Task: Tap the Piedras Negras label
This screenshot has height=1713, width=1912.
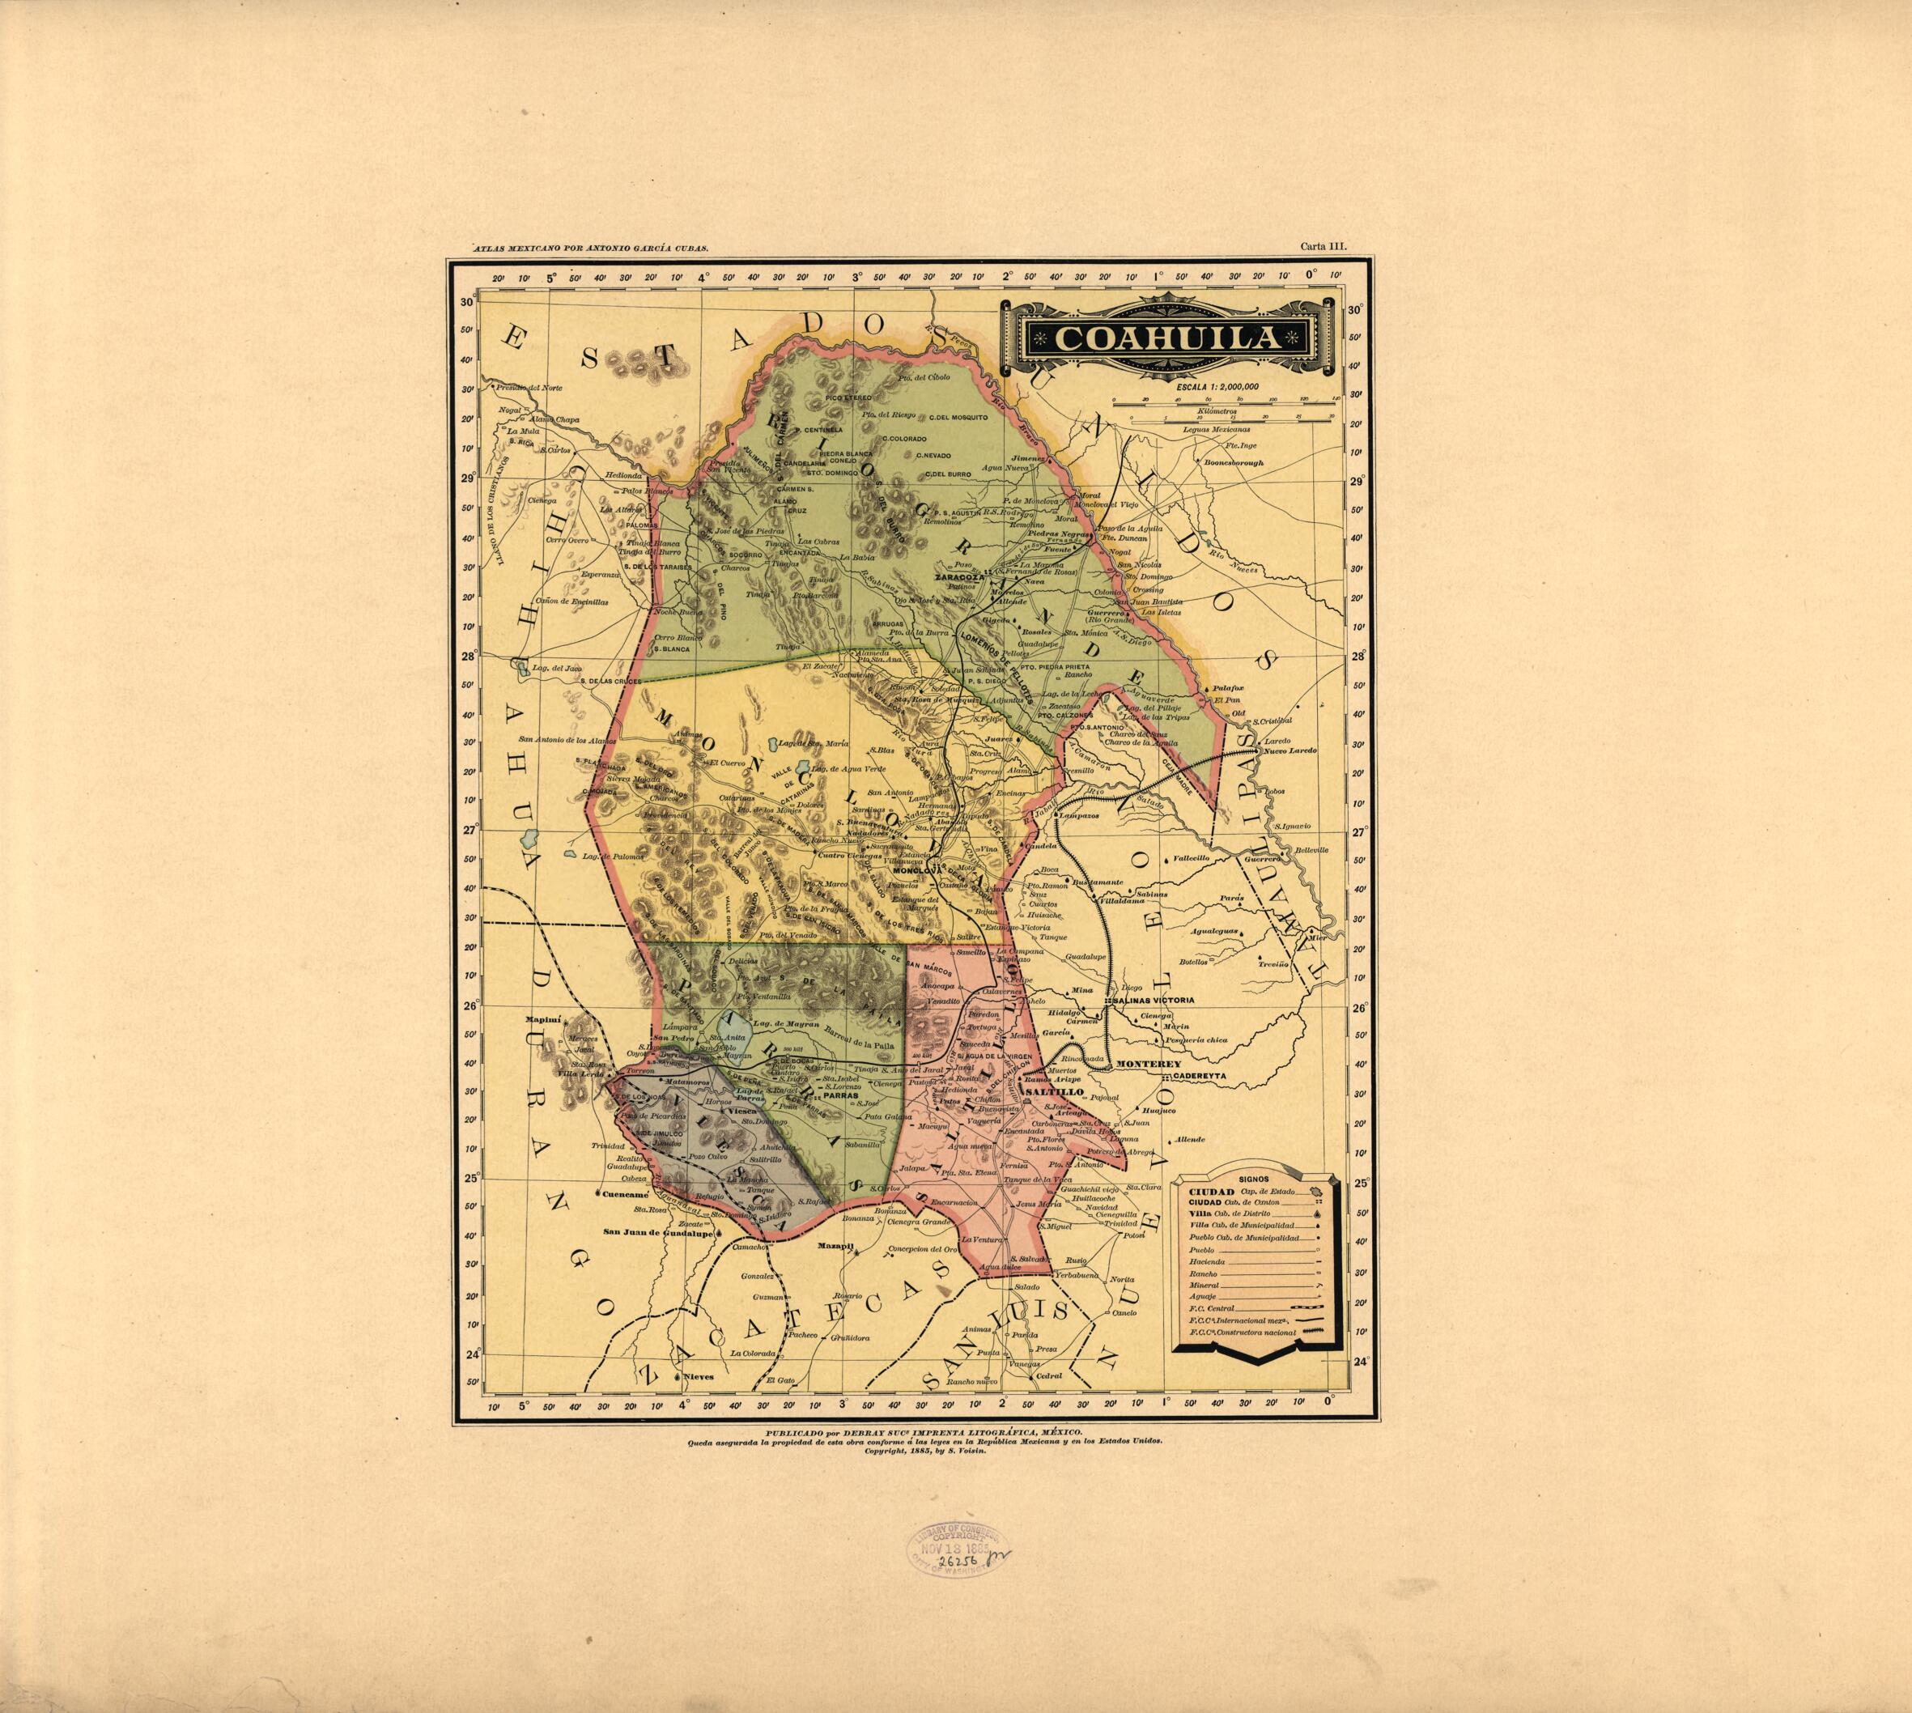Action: [1062, 533]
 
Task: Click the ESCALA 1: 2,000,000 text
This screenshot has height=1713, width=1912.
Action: [1210, 386]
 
